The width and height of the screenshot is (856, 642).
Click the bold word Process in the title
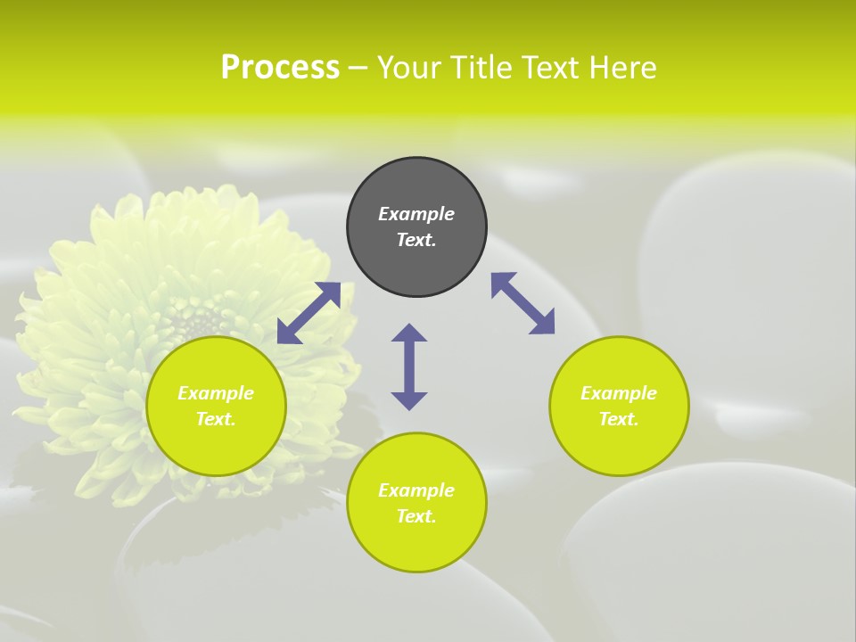tap(280, 67)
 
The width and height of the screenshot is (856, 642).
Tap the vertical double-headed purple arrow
tap(409, 366)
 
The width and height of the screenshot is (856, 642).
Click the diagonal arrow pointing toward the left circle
tap(309, 313)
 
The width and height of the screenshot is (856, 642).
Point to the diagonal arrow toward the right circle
tap(523, 303)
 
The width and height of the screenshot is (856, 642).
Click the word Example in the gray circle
tap(416, 214)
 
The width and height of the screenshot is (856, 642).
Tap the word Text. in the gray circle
tap(416, 240)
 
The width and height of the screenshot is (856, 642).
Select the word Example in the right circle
tap(619, 393)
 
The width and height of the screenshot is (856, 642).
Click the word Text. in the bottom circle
tap(416, 516)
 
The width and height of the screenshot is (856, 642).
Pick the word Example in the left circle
tap(216, 393)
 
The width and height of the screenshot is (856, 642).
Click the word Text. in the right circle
tap(619, 419)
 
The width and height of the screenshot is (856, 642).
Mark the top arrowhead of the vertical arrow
tap(409, 333)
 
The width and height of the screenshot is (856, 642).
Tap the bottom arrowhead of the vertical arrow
tap(409, 400)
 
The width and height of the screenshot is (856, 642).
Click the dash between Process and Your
tap(358, 68)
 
